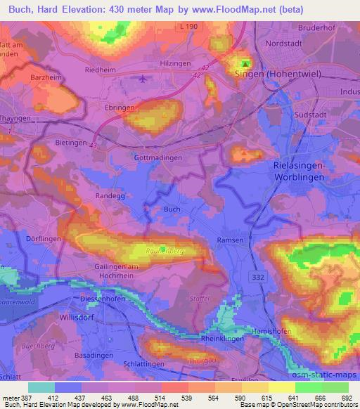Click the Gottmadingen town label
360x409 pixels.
[157, 158]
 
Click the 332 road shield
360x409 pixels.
[257, 280]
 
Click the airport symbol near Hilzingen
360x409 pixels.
[144, 79]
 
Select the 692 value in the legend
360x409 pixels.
[346, 398]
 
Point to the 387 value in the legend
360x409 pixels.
[20, 398]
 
